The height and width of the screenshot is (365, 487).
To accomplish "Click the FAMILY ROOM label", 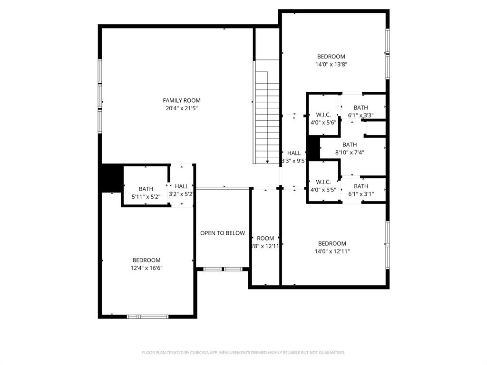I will (182, 100).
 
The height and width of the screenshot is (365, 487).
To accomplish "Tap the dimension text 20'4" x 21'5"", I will (182, 108).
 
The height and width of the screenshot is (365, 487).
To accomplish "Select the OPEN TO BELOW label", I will (223, 233).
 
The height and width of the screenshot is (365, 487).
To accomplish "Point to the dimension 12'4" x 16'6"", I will (146, 268).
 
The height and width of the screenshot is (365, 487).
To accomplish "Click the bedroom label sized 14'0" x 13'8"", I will (331, 57).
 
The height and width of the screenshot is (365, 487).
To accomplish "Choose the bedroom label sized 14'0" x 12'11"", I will (332, 243).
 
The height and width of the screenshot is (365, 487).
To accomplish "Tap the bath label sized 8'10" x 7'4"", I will (350, 144).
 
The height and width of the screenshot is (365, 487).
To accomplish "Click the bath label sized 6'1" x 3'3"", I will (361, 108).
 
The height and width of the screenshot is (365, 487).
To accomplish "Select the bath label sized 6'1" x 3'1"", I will (361, 186).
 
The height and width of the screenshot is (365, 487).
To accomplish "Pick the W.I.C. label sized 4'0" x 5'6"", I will (323, 115).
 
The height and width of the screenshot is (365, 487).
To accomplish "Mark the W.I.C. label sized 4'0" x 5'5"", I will (323, 182).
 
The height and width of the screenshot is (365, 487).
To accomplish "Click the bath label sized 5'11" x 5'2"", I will (146, 189).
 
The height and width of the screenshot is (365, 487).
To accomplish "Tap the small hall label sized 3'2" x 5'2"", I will (182, 186).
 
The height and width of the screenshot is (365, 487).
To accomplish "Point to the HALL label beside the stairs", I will (294, 153).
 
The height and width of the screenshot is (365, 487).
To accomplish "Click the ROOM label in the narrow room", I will (265, 238).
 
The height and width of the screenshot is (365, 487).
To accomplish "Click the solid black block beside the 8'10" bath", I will (313, 148).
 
